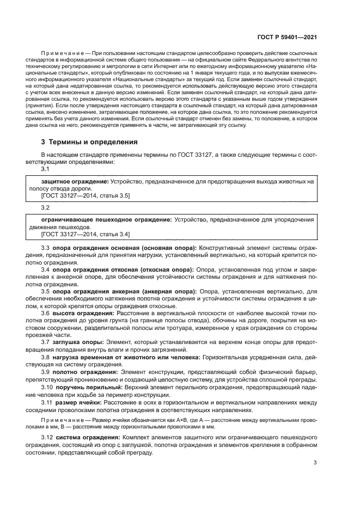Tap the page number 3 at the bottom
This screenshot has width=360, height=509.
315,463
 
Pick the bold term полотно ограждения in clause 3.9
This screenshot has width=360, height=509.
82,371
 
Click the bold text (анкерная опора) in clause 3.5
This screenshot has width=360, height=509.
169,292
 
